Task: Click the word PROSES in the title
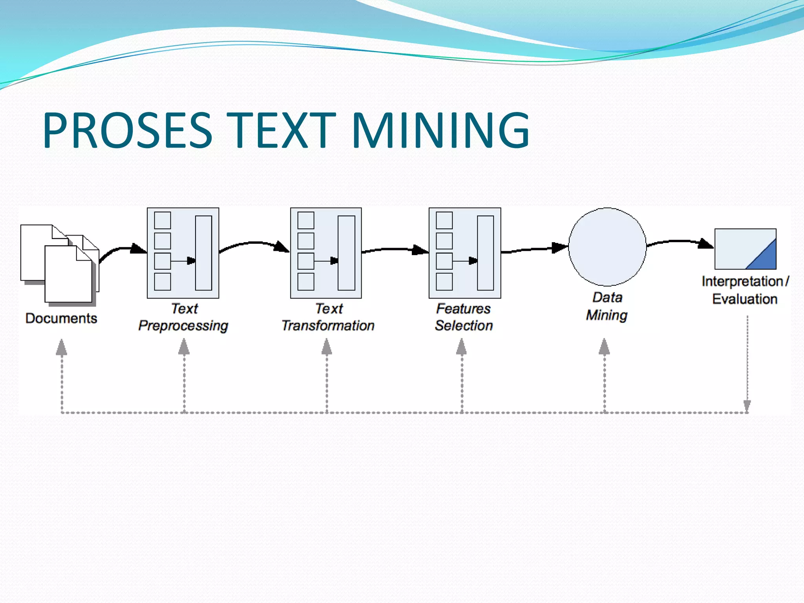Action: coord(128,130)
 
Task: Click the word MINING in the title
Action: coord(440,130)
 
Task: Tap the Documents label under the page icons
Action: coord(61,318)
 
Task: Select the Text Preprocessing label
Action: coord(183,317)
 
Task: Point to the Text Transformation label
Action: coord(328,317)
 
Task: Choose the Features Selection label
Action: coord(464,317)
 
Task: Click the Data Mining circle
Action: coord(607,247)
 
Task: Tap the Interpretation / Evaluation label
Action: coord(745,290)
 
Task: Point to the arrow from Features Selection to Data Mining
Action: coord(534,249)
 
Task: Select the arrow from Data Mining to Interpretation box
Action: coord(679,242)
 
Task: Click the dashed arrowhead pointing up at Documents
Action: coord(61,347)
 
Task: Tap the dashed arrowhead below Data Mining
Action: coord(604,347)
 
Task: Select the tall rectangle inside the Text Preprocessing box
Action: coord(203,253)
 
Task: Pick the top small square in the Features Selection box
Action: coord(444,220)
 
